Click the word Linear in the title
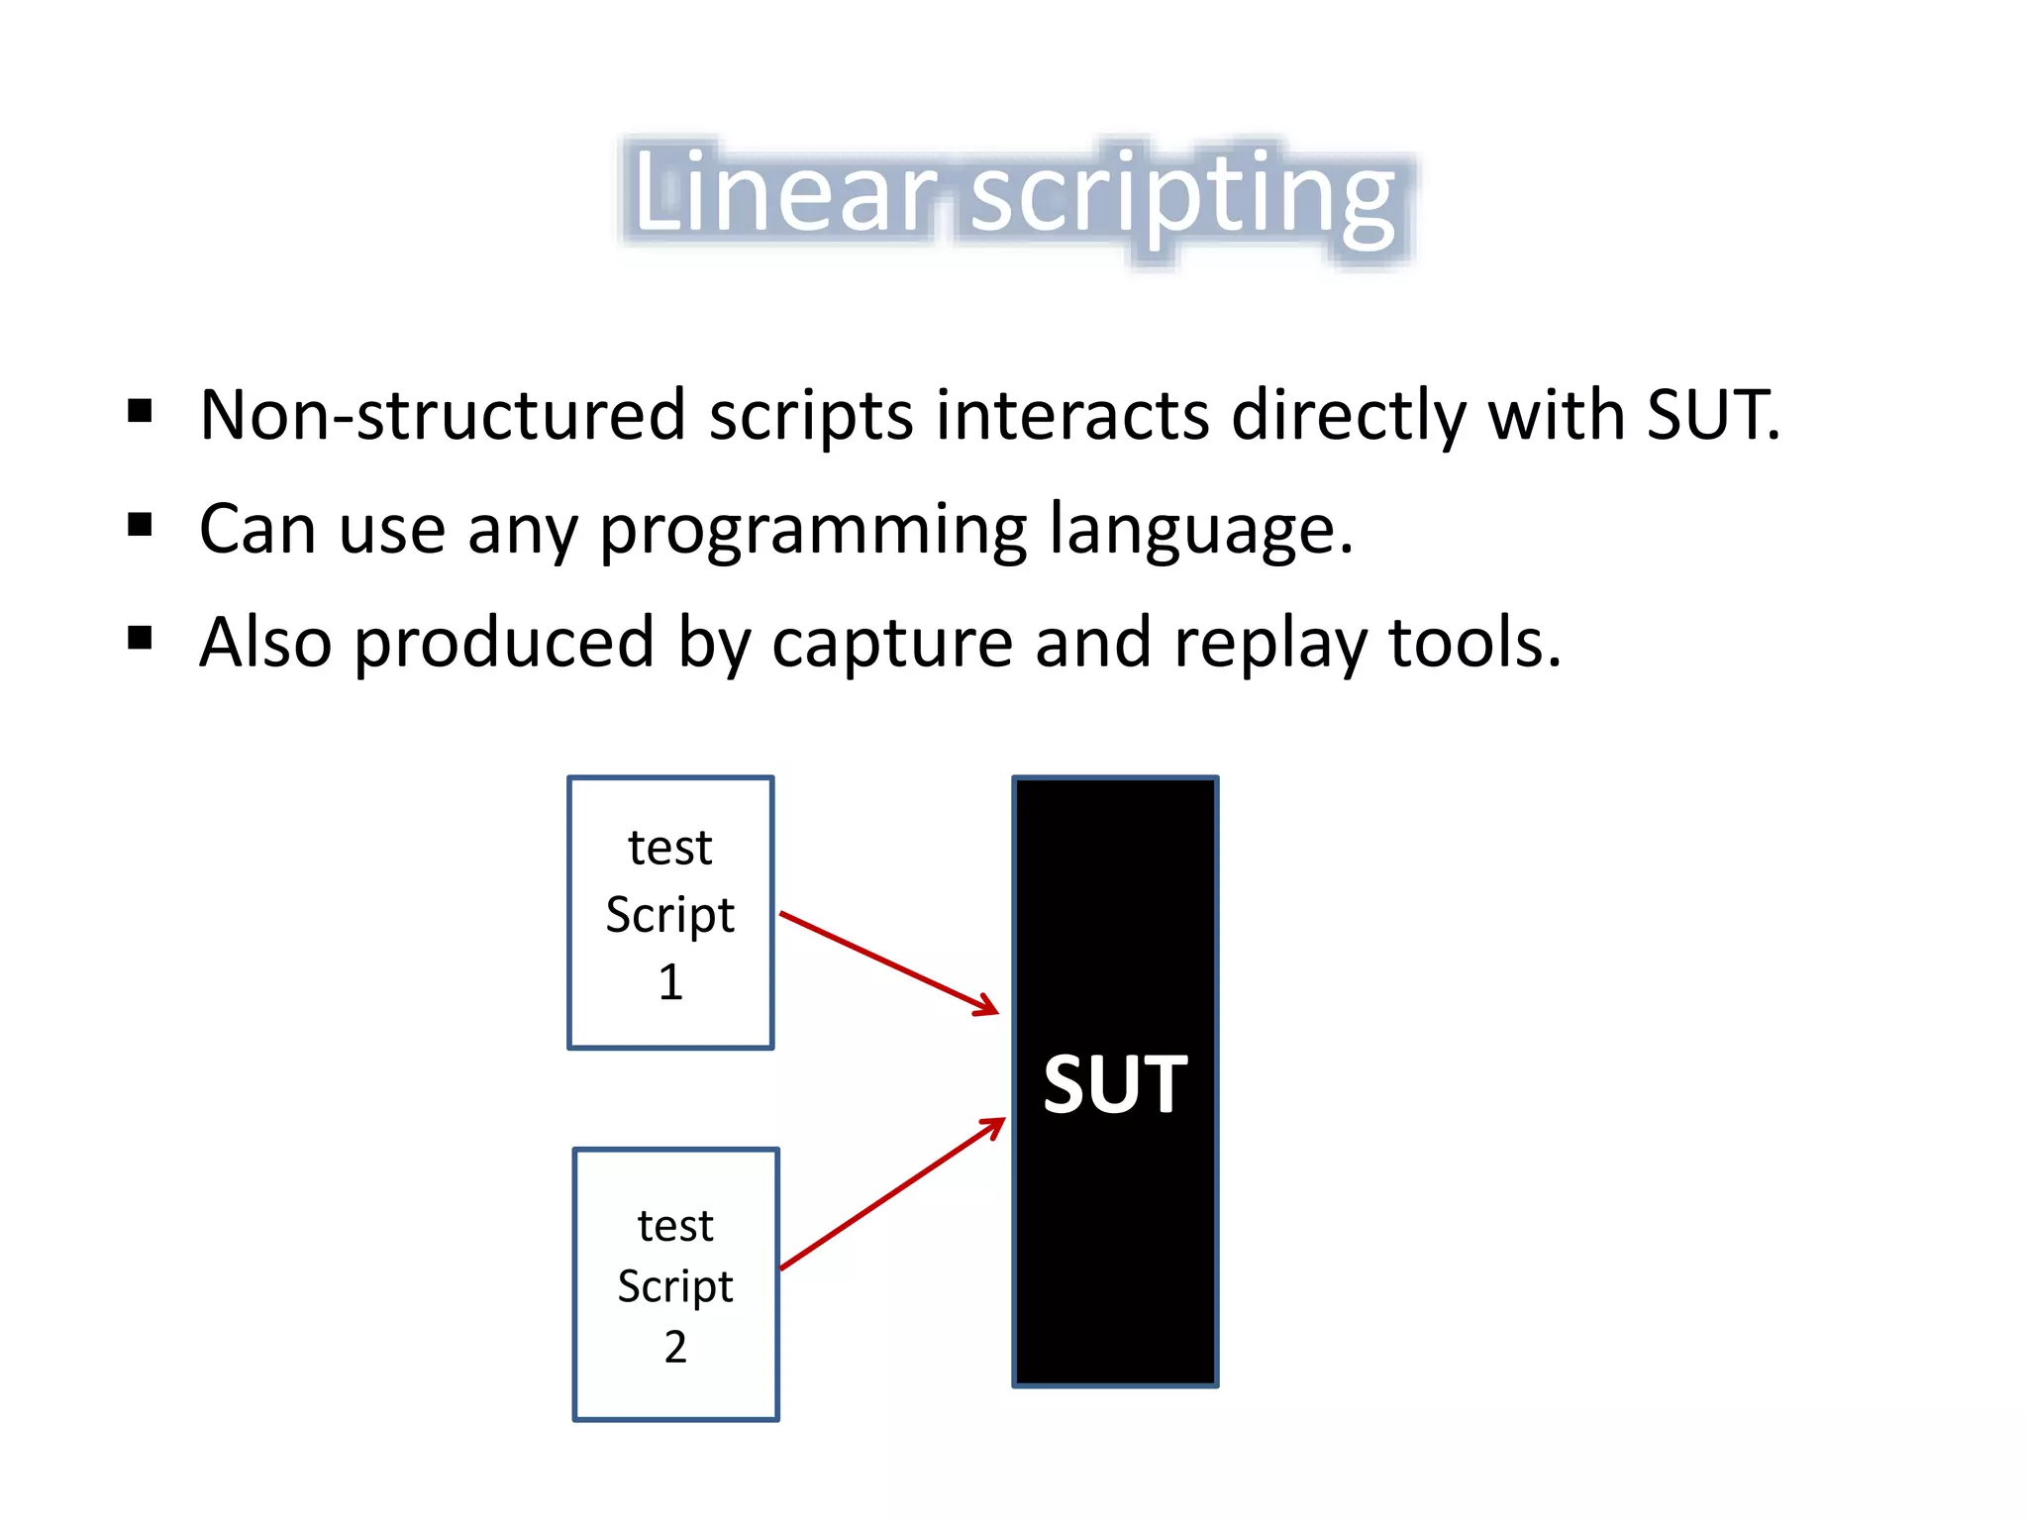tap(782, 193)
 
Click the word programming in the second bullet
tap(813, 532)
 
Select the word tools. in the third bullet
tap(1474, 644)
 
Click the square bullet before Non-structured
tap(140, 410)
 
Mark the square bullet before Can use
tap(140, 524)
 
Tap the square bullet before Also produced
tap(140, 639)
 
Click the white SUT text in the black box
tap(1115, 1084)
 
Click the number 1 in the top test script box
tap(670, 982)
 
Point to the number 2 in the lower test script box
tap(675, 1348)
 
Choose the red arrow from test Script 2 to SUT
tap(891, 1194)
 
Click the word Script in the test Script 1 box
tap(670, 915)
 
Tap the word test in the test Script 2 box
tap(675, 1226)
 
